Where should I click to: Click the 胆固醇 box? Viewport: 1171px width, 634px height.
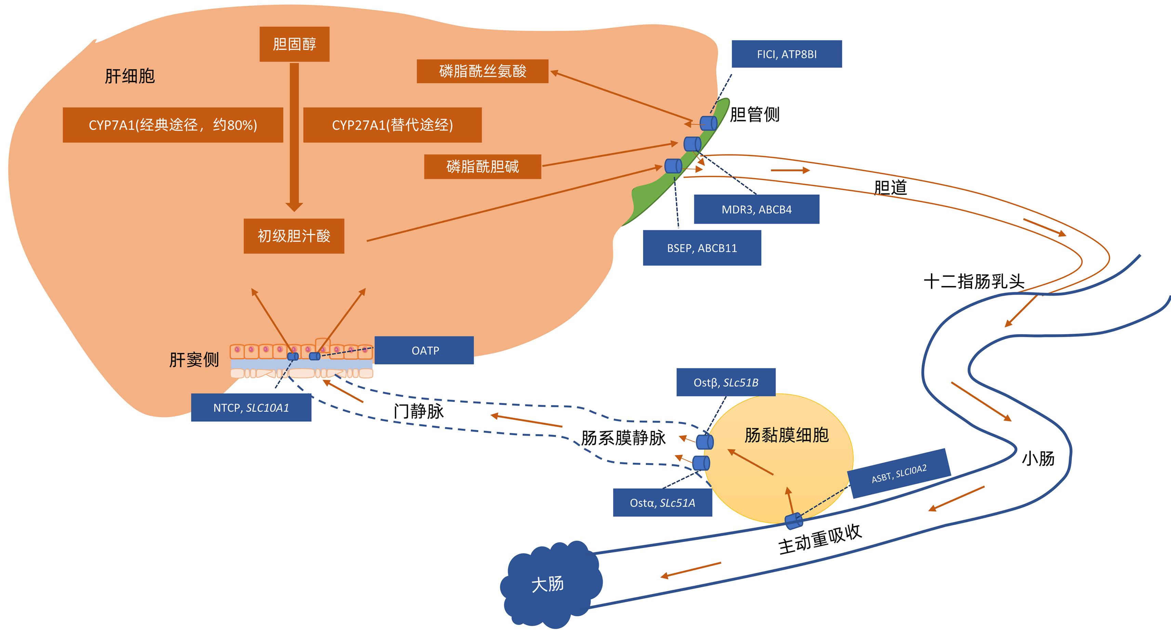pos(294,44)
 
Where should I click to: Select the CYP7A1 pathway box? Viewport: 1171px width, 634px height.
pos(173,125)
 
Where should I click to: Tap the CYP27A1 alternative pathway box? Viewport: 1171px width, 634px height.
pos(392,125)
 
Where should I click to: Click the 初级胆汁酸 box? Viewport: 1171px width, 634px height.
pos(294,236)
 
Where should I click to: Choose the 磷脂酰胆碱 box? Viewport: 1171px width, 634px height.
pos(482,167)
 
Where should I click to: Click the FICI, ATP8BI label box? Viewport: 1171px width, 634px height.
pos(786,54)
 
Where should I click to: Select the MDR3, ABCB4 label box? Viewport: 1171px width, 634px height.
pos(756,209)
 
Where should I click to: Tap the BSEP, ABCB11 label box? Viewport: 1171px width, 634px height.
pos(702,248)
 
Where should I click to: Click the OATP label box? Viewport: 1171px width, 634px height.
pos(424,350)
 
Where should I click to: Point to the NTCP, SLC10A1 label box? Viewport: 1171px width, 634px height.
pos(251,407)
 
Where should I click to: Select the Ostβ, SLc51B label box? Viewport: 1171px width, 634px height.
pos(726,383)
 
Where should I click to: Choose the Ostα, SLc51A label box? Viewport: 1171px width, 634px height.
pos(662,503)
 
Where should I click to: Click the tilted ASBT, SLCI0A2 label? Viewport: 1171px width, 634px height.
pos(899,474)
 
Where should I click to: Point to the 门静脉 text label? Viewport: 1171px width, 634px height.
pos(418,411)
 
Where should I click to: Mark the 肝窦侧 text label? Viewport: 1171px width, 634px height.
pos(194,360)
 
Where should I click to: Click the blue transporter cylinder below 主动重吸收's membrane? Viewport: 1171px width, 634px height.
pos(794,521)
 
